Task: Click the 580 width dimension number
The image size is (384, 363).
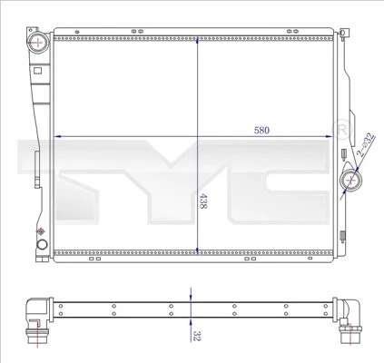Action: coord(261,130)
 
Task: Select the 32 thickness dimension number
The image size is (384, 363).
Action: coord(196,335)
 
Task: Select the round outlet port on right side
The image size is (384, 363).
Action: coord(351,182)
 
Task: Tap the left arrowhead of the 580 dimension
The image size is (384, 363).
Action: coord(60,136)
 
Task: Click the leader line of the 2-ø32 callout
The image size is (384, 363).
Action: coord(359,170)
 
